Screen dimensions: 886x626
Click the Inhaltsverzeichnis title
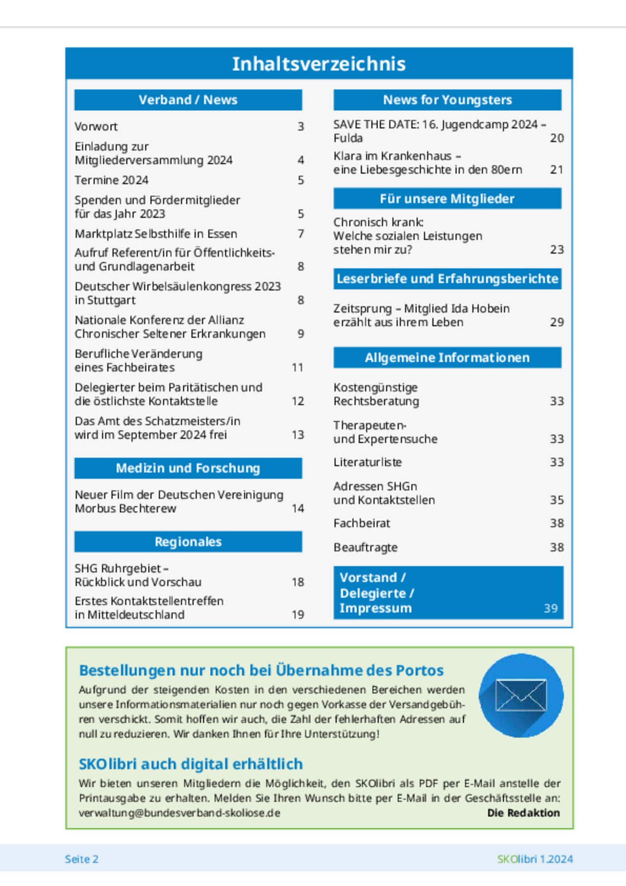pyautogui.click(x=319, y=64)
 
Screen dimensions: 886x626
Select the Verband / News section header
pyautogui.click(x=188, y=100)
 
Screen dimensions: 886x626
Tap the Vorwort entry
pyautogui.click(x=96, y=126)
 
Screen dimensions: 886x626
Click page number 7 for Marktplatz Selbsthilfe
pyautogui.click(x=301, y=234)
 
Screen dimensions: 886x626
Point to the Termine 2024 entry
pyautogui.click(x=111, y=180)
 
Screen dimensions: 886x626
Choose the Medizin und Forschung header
pyautogui.click(x=188, y=468)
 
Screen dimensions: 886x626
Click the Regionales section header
pyautogui.click(x=188, y=542)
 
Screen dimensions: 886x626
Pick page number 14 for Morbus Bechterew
pyautogui.click(x=298, y=508)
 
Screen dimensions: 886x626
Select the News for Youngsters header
pyautogui.click(x=447, y=100)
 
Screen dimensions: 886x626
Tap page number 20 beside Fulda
pyautogui.click(x=557, y=138)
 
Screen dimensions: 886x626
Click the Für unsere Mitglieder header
pyautogui.click(x=447, y=199)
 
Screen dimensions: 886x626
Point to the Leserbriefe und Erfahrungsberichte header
pyautogui.click(x=447, y=279)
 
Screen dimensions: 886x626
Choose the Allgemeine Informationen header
pyautogui.click(x=447, y=358)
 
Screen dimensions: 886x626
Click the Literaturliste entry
pyautogui.click(x=367, y=462)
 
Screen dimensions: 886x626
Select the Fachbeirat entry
pyautogui.click(x=361, y=523)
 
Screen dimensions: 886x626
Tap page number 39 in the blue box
pyautogui.click(x=551, y=608)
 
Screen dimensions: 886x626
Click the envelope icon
pyautogui.click(x=521, y=695)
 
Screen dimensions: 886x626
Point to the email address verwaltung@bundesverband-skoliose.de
pyautogui.click(x=179, y=813)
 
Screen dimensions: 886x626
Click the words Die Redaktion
pyautogui.click(x=523, y=813)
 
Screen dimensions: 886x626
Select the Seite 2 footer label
pyautogui.click(x=82, y=859)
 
